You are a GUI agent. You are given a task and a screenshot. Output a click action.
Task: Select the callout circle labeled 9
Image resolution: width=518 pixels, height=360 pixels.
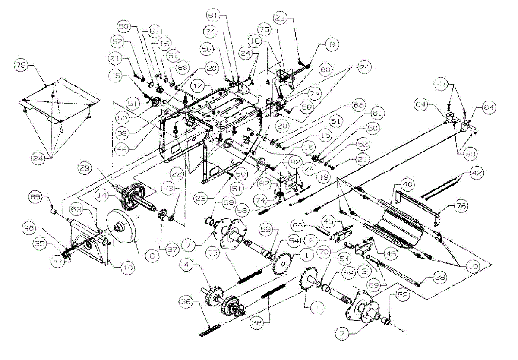tap(332, 44)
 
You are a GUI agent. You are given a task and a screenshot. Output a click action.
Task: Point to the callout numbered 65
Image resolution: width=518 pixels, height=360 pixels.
tap(36, 199)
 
